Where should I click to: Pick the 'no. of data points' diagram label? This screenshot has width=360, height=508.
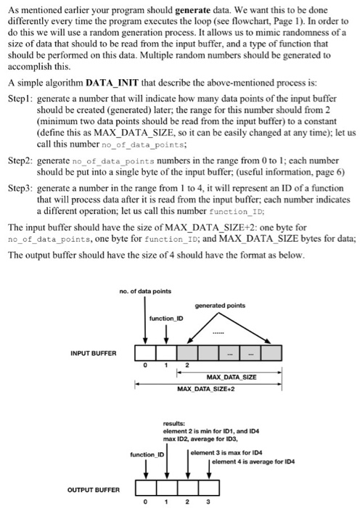point(145,292)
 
